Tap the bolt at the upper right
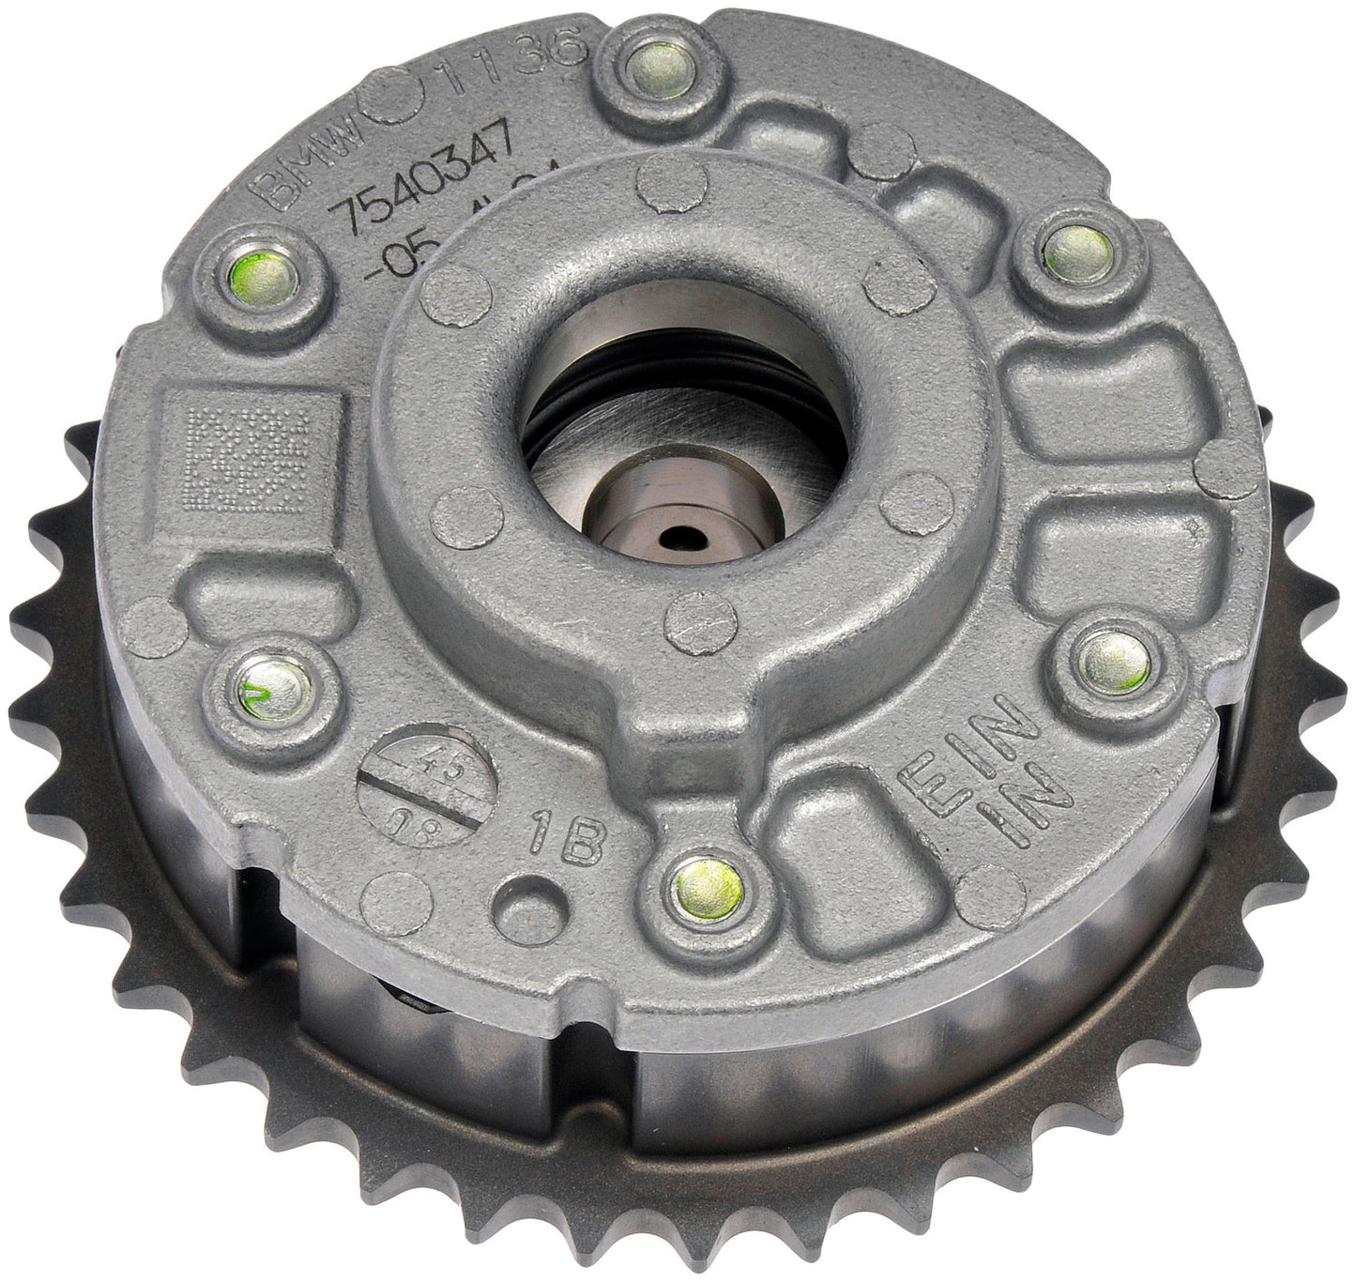tap(1077, 254)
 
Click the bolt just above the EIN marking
tap(1114, 664)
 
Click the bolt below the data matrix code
tap(272, 689)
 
